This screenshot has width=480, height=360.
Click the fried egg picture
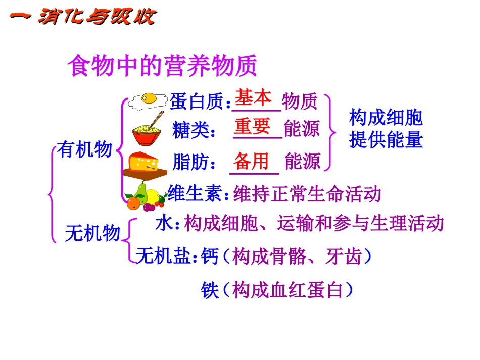point(148,100)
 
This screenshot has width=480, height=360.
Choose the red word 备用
point(251,161)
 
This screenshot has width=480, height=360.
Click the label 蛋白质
point(197,101)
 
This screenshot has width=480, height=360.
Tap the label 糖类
point(190,130)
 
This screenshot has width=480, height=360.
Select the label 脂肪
point(190,162)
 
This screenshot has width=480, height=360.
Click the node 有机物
point(84,149)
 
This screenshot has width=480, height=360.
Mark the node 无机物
point(93,233)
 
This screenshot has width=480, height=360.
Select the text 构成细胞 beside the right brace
point(386,118)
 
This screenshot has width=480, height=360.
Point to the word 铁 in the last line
point(209,290)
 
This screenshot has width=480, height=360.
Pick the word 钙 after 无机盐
point(209,258)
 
